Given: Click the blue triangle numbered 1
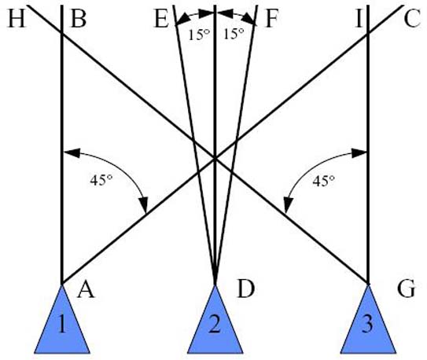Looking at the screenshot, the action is tap(62, 325).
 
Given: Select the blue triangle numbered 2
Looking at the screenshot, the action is tap(215, 325).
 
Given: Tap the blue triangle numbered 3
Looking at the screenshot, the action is tap(368, 325).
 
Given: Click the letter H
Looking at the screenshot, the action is tap(17, 20).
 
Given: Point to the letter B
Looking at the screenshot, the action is tap(79, 20).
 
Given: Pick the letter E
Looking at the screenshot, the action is tap(162, 20).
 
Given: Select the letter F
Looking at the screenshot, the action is tap(272, 20).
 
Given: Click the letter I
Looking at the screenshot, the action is tap(359, 20).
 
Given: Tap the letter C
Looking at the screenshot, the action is tap(412, 20).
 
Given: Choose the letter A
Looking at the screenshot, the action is tap(86, 290).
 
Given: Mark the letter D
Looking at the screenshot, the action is tap(246, 289).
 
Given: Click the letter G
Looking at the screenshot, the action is tap(406, 289).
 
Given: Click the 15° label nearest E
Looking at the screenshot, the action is tap(199, 35).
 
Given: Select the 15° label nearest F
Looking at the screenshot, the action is tap(234, 34).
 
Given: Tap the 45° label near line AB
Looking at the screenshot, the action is tap(101, 181).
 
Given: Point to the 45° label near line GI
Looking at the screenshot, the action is tap(323, 181).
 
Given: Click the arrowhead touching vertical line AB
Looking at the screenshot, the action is tap(72, 153).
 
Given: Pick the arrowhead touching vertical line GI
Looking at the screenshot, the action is tap(359, 153).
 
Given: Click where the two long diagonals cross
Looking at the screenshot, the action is tap(215, 158).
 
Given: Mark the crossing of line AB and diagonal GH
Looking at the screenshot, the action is tap(62, 34).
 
